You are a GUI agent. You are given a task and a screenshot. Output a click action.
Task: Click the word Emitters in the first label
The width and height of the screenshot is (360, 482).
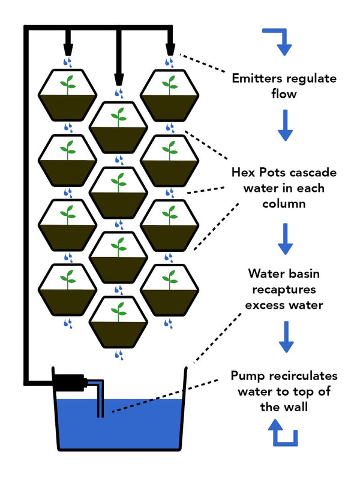pos(256,79)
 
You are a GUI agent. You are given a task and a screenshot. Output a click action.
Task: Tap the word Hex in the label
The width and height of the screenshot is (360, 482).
pos(244,172)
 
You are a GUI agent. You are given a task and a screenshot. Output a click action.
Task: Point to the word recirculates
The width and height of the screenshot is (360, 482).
pos(301,376)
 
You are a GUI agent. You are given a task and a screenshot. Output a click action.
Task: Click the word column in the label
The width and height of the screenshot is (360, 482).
pos(284,203)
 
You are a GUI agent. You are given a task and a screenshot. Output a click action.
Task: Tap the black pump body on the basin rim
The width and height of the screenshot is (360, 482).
pos(69,382)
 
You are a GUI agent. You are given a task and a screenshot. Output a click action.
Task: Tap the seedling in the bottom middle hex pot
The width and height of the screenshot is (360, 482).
pos(118,312)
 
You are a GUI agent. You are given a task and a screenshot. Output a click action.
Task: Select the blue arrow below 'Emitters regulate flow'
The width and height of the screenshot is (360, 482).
pos(285,125)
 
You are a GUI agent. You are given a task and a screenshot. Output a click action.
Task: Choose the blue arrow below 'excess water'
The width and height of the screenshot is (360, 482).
pos(286,337)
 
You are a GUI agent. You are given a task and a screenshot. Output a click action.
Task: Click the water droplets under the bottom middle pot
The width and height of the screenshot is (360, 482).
pos(119,355)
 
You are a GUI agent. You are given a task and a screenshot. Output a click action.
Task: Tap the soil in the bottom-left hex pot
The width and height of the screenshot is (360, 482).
pos(68,301)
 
